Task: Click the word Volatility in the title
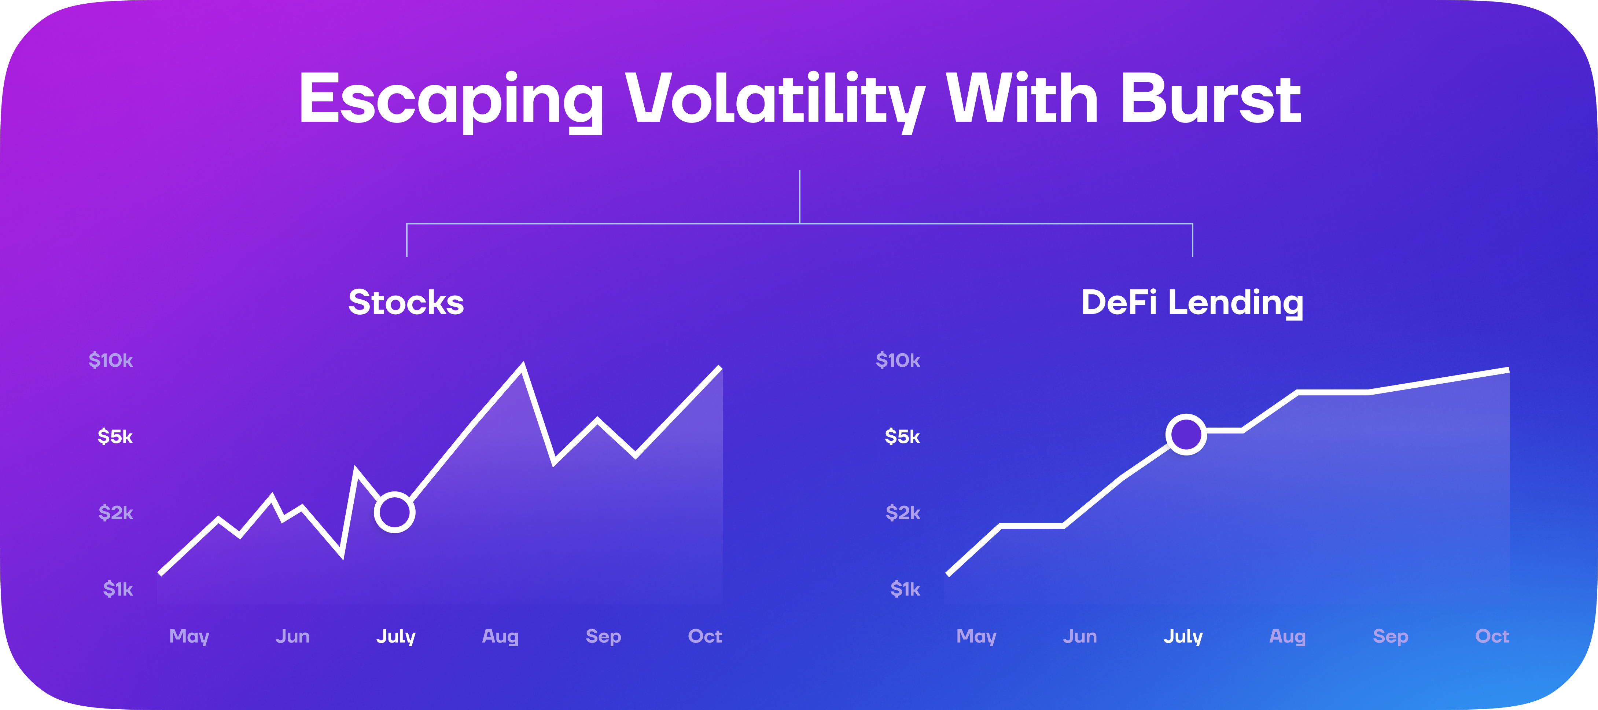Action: (776, 99)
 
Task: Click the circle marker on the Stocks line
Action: (394, 513)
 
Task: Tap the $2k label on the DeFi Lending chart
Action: (903, 513)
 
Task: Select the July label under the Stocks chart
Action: (396, 636)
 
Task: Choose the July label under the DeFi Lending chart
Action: (1183, 636)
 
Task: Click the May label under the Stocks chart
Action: (189, 636)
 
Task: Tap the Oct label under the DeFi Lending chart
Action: (1492, 636)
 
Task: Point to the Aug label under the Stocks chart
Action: (500, 636)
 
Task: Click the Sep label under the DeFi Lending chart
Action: (1390, 636)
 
